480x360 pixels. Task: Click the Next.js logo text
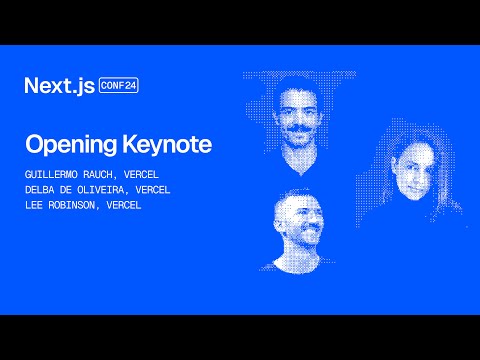(59, 86)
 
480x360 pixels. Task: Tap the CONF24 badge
(119, 86)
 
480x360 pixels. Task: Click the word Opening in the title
(64, 144)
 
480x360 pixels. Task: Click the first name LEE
(34, 204)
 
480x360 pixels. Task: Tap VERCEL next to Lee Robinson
(125, 204)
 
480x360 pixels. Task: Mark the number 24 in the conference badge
(130, 86)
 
